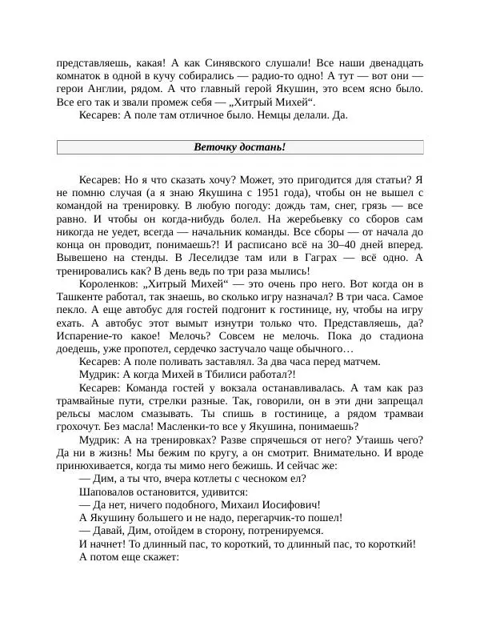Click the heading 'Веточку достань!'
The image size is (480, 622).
[240, 147]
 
